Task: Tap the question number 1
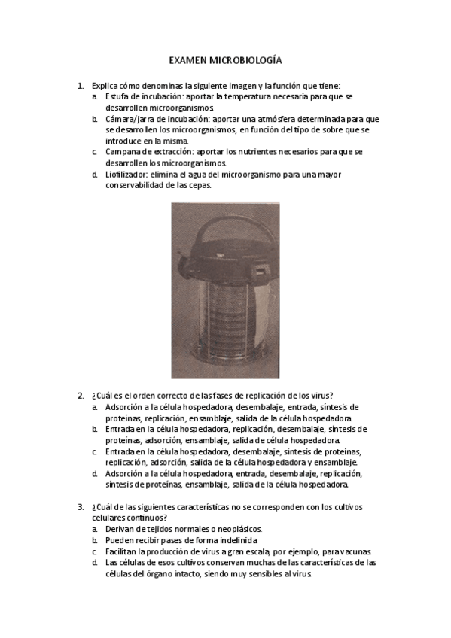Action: pos(80,87)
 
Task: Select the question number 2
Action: pos(80,396)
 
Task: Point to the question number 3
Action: pos(80,507)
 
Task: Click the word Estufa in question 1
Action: pos(118,98)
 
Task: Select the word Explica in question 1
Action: pos(105,87)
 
